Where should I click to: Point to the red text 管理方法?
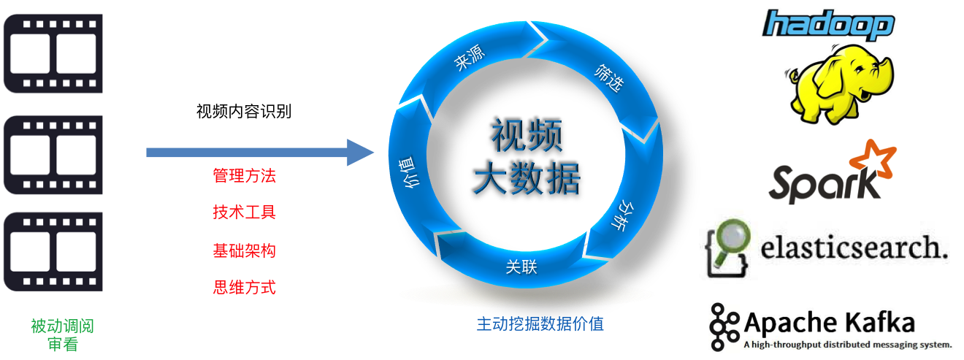[244, 176]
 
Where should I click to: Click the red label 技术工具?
[244, 212]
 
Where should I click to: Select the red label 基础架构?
[244, 250]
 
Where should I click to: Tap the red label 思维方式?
[244, 287]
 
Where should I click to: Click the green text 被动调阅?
[62, 326]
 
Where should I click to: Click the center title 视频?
[527, 134]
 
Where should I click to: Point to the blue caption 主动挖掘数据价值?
[540, 323]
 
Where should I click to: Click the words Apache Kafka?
[828, 322]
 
